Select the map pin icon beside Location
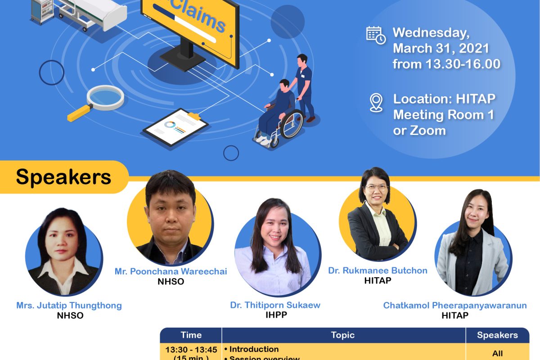[x=376, y=102]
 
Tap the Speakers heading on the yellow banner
[x=63, y=177]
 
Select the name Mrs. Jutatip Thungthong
[x=69, y=305]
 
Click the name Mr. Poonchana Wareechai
[x=171, y=271]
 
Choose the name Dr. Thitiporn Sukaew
[x=275, y=305]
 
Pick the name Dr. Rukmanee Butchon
[x=378, y=270]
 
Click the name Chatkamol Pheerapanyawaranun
[x=454, y=306]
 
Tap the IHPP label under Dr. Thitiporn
[x=276, y=315]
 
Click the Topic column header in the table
[x=343, y=335]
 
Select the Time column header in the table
[x=191, y=335]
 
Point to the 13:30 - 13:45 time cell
[x=191, y=350]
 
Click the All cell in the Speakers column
[x=497, y=353]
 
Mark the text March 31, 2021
[x=441, y=48]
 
